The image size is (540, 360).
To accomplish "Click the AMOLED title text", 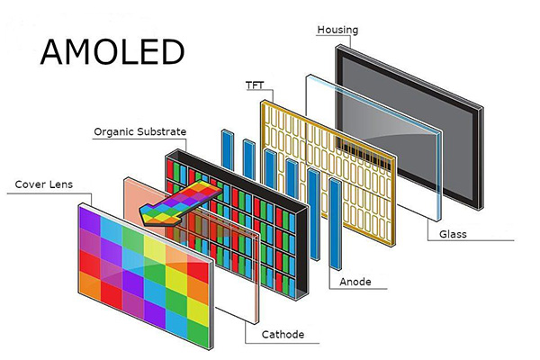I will coord(112,52).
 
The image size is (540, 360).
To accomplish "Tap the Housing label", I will coord(337,30).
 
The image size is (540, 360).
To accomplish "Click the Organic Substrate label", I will coord(139,131).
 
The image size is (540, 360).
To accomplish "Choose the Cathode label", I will coord(283,335).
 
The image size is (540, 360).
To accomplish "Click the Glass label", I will coord(454,235).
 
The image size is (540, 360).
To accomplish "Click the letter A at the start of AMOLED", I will coord(54,52).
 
